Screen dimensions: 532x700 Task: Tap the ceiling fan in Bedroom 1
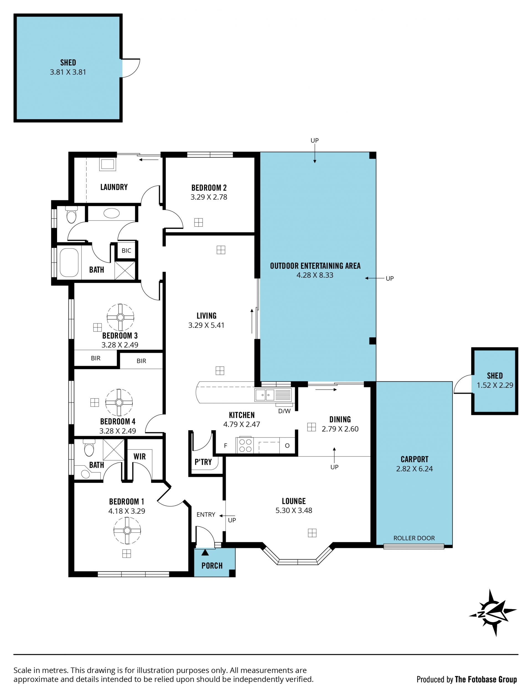[x=127, y=531]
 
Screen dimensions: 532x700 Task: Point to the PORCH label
[x=212, y=565]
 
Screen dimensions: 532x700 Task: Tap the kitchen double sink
[x=265, y=395]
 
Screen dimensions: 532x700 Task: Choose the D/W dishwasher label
[x=284, y=411]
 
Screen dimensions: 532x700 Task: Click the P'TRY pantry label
[x=203, y=462]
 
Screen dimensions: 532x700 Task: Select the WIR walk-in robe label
[x=139, y=456]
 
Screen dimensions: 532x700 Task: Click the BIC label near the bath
[x=126, y=251]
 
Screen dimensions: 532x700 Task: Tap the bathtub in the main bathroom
[x=69, y=262]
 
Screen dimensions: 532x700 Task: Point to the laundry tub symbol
[x=108, y=165]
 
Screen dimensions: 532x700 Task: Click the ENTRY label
[x=206, y=515]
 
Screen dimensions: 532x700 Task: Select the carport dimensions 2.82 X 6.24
[x=414, y=469]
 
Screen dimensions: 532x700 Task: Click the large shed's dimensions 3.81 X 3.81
[x=68, y=72]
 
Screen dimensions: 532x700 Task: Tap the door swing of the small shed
[x=463, y=384]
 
